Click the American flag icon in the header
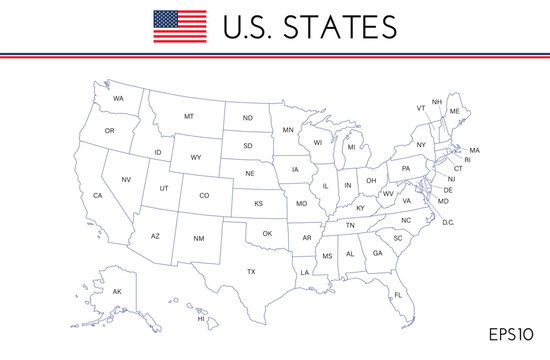click(x=180, y=26)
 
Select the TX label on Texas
click(x=252, y=271)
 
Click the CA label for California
click(x=98, y=195)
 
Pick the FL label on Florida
click(x=397, y=295)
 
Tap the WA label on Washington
click(x=118, y=99)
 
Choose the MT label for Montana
click(x=188, y=116)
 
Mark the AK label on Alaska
click(x=116, y=291)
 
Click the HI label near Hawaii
click(x=201, y=319)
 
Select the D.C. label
click(x=448, y=222)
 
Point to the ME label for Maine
click(x=455, y=111)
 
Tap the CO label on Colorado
click(x=204, y=195)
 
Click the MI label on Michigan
click(x=351, y=147)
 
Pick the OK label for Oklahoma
click(x=267, y=233)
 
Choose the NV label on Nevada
click(x=127, y=179)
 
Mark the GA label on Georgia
click(x=377, y=253)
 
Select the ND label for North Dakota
click(x=246, y=118)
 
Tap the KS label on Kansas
click(x=258, y=203)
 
